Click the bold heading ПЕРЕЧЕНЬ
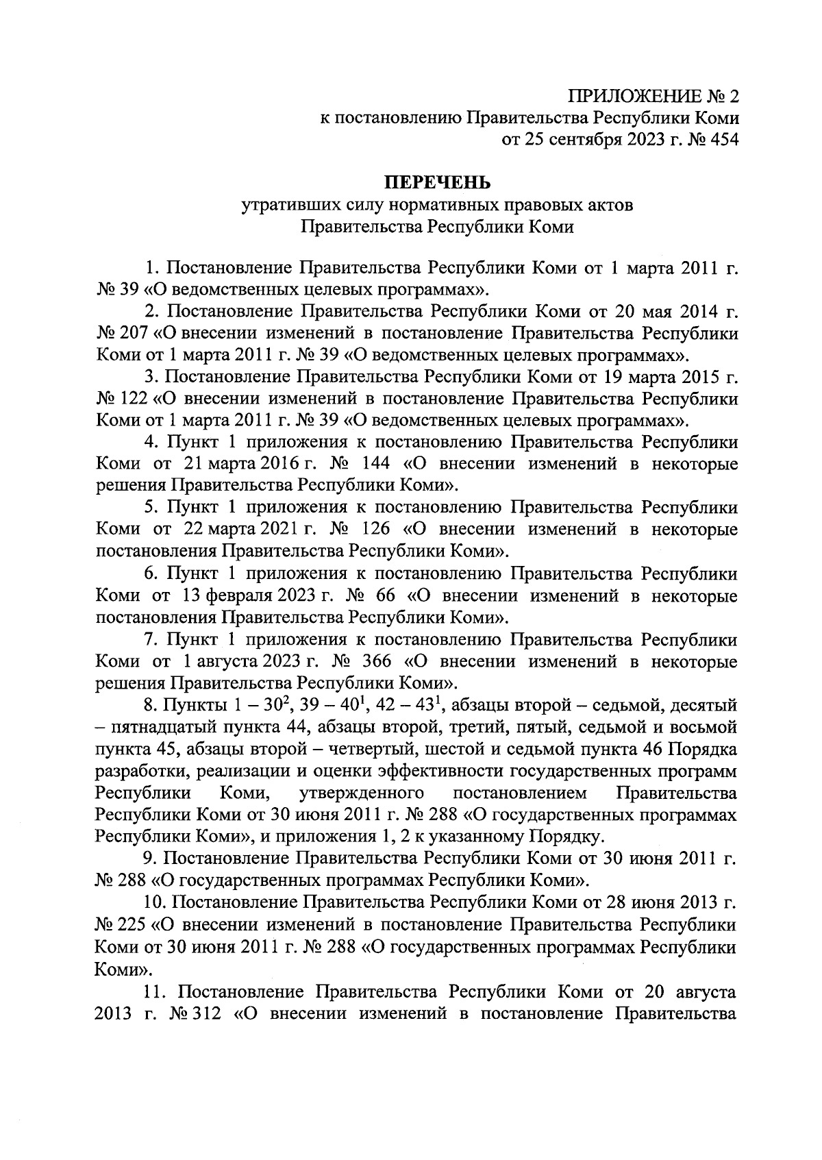pos(437,182)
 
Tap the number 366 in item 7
pos(373,662)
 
